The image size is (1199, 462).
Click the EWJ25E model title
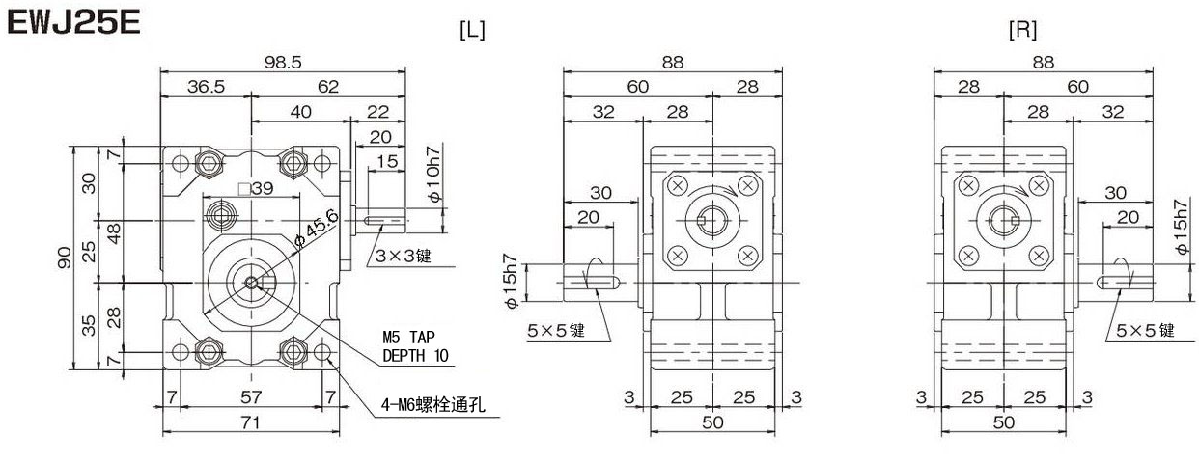[x=74, y=23]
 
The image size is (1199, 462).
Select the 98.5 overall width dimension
[x=283, y=62]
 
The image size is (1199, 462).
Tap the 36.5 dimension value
[x=206, y=87]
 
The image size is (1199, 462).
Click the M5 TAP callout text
[x=410, y=337]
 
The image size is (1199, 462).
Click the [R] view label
[x=1021, y=30]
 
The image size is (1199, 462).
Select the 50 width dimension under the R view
[x=1004, y=421]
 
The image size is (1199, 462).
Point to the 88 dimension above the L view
[x=673, y=62]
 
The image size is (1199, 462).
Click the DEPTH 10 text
[x=416, y=355]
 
